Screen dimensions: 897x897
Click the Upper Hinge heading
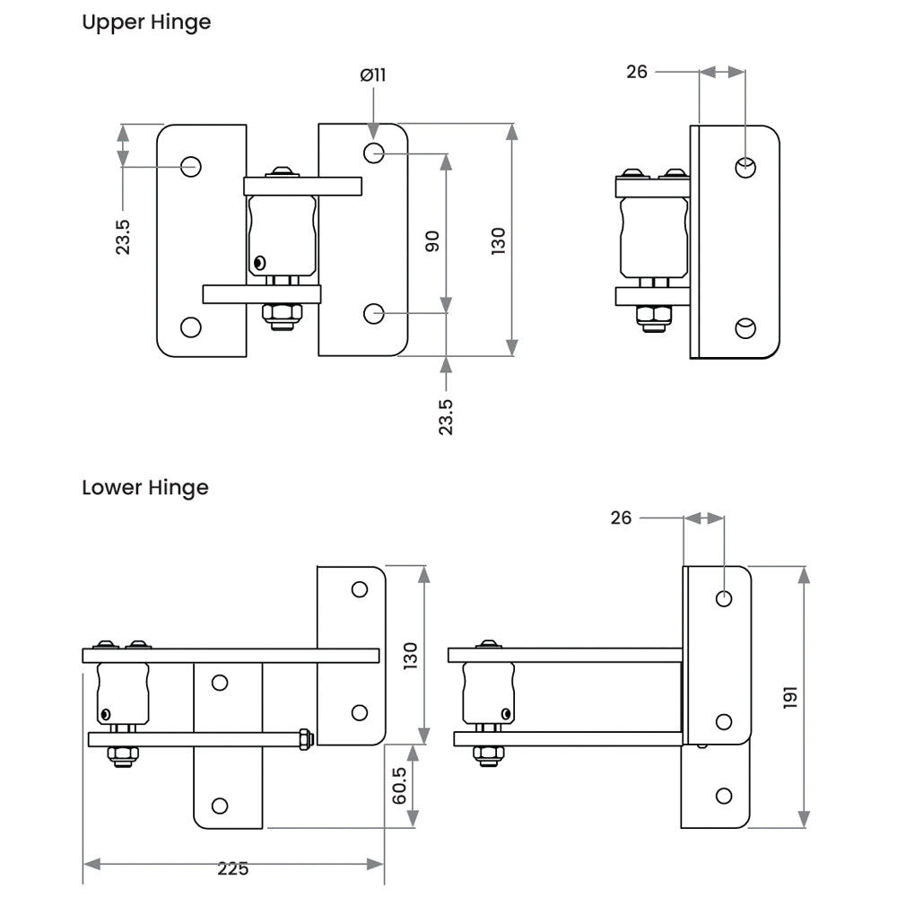(x=146, y=22)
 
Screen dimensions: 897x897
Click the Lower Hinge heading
(x=145, y=488)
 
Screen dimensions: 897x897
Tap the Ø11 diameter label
(x=373, y=75)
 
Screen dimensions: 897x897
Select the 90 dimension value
(x=432, y=240)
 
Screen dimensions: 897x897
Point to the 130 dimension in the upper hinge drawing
(x=499, y=240)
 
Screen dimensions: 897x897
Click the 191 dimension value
(x=790, y=698)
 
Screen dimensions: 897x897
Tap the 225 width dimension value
(x=232, y=867)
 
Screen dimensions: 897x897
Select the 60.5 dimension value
(x=400, y=786)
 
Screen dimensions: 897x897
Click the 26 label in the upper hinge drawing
(x=637, y=72)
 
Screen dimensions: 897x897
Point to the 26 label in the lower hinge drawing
(x=621, y=518)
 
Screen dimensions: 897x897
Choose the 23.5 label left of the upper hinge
(x=123, y=238)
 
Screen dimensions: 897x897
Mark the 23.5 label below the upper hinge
(x=446, y=417)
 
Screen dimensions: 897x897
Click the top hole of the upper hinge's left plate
(x=191, y=166)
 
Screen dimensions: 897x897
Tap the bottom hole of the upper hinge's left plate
(x=190, y=327)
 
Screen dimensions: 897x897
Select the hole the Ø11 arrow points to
(x=374, y=153)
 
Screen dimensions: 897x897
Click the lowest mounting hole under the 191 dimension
(x=725, y=795)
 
